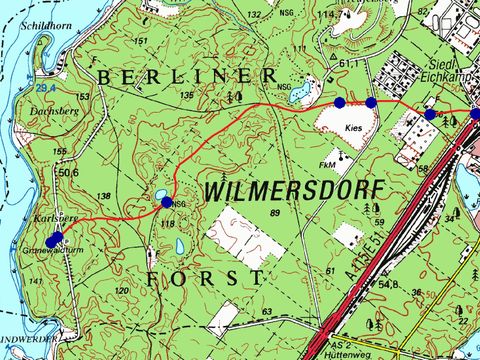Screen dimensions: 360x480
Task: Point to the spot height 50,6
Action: point(68,173)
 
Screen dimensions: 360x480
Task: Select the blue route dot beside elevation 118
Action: point(167,202)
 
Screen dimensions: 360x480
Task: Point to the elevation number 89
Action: point(273,212)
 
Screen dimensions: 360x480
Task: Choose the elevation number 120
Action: point(122,291)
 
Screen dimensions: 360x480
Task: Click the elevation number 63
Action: point(266,313)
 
